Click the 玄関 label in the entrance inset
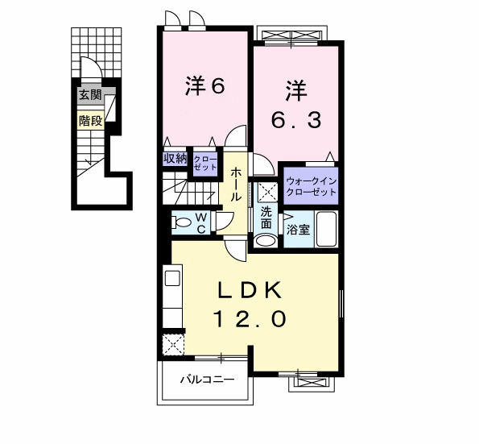click(90, 96)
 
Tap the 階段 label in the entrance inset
click(90, 121)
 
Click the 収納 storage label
click(175, 159)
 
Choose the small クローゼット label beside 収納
click(204, 164)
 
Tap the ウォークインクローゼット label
click(311, 186)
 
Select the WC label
click(201, 222)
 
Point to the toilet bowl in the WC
click(182, 222)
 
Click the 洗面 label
click(266, 217)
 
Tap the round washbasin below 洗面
click(263, 240)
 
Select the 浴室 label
click(298, 230)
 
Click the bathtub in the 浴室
click(326, 229)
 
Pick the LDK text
click(250, 289)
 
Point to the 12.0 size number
click(250, 319)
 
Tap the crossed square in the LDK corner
click(173, 344)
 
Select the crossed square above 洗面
click(266, 192)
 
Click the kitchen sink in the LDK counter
click(172, 279)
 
